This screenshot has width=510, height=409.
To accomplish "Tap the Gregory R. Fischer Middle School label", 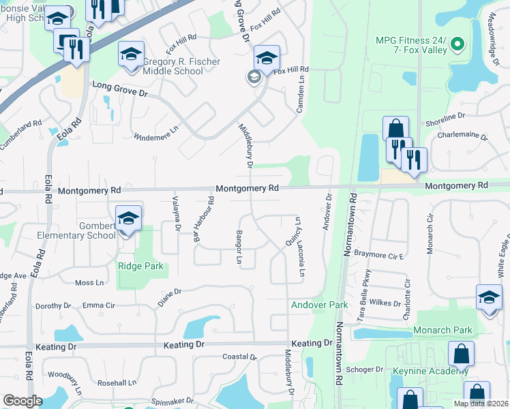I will tap(181, 66).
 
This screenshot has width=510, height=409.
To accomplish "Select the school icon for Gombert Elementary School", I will tap(128, 219).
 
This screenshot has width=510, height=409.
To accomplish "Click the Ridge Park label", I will tap(140, 266).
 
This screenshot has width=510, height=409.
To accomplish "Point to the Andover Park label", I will tap(320, 305).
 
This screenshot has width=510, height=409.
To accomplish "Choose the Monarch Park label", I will tap(442, 331).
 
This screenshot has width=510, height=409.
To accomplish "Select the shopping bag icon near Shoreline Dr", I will tap(395, 129).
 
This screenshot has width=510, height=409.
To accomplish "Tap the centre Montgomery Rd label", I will tap(247, 188).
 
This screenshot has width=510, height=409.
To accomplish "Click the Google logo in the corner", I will tap(22, 401).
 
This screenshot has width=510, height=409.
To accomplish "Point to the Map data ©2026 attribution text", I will tap(481, 404).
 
